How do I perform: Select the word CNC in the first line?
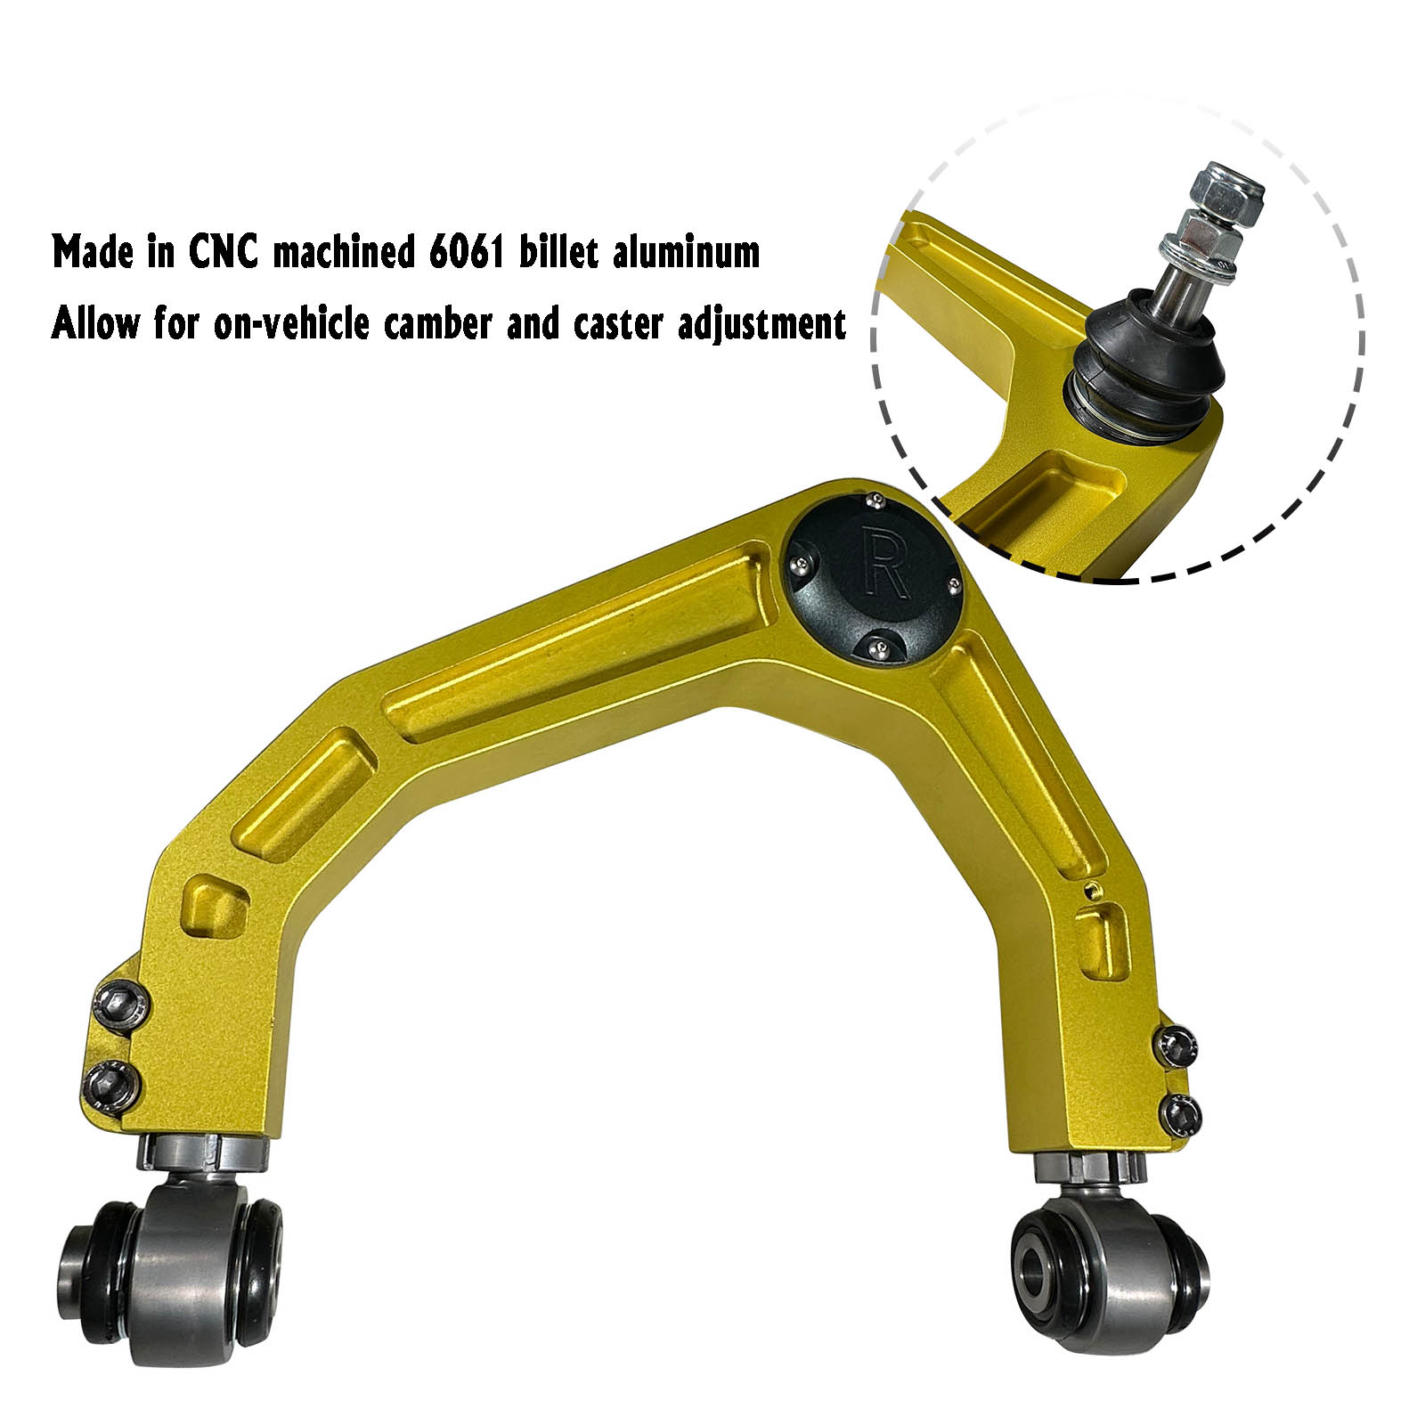click(x=224, y=253)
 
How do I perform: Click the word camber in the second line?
click(x=437, y=323)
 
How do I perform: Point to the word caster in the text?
click(x=619, y=324)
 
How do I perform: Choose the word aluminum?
click(x=686, y=253)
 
